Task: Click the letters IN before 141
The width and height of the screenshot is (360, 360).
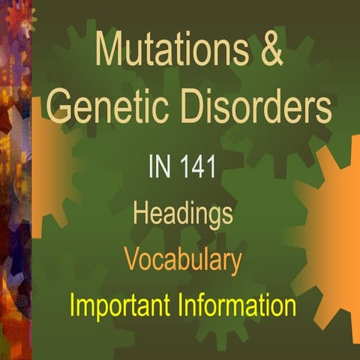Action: pyautogui.click(x=159, y=166)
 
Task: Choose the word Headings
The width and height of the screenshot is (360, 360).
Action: pyautogui.click(x=182, y=214)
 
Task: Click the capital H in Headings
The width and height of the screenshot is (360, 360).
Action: pyautogui.click(x=141, y=214)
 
